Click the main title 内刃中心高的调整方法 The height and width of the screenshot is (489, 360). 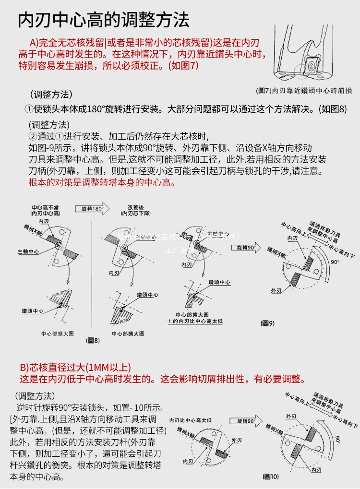coord(103,20)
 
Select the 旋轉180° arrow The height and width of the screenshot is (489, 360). coord(90,209)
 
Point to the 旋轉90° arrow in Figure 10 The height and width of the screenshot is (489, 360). coord(249,421)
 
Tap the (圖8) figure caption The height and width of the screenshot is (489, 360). coord(93,340)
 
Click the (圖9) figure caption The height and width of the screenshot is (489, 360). coord(267,323)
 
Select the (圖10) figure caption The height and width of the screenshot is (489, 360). coord(271,477)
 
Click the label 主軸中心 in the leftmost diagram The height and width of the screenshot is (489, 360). coord(28,251)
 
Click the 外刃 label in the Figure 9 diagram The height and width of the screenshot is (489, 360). coord(276,291)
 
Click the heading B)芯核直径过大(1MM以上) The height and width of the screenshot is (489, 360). coord(75,368)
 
